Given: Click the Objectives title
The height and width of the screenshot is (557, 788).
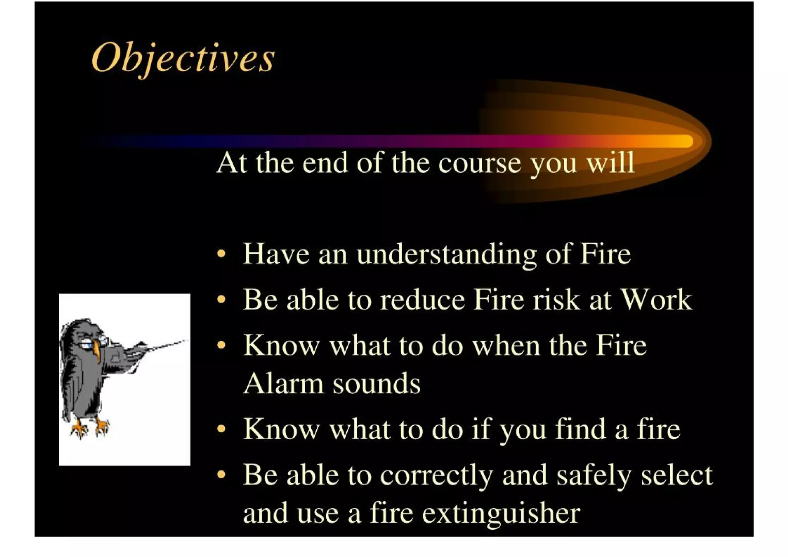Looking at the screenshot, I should [183, 58].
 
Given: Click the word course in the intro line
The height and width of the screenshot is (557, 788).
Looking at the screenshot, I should [479, 163].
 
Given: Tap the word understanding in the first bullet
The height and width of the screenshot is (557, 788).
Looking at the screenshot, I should [446, 255].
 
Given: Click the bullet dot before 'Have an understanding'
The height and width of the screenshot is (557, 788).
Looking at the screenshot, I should [221, 254].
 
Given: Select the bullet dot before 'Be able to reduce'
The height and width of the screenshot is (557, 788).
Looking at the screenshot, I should [221, 299].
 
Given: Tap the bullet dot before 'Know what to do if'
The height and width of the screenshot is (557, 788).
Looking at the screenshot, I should [221, 428].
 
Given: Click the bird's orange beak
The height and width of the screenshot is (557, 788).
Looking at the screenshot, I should [97, 352].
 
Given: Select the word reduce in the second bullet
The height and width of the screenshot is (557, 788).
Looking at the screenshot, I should [422, 300].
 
